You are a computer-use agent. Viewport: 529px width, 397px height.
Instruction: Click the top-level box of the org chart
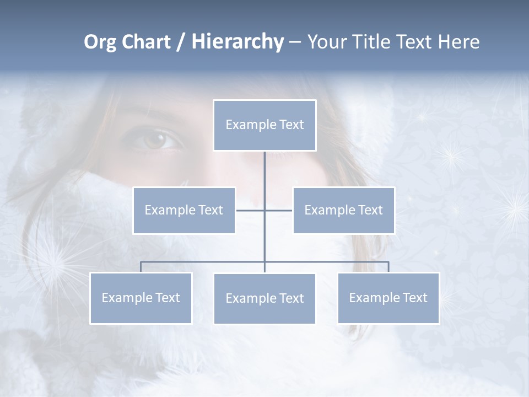point(264,125)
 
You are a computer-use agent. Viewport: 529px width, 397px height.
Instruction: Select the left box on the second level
point(184,210)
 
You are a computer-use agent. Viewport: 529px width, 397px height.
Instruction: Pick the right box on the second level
point(343,210)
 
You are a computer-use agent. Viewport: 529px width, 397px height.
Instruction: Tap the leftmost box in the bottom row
point(141,298)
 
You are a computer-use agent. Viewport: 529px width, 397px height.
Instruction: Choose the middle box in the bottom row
point(264,298)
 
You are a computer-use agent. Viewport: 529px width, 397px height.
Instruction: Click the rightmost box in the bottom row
point(388,298)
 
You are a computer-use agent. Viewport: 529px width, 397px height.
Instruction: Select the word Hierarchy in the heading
point(237,42)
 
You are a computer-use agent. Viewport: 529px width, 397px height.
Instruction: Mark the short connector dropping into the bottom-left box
point(141,267)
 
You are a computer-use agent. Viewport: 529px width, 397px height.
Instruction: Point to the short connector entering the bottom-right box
point(388,267)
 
